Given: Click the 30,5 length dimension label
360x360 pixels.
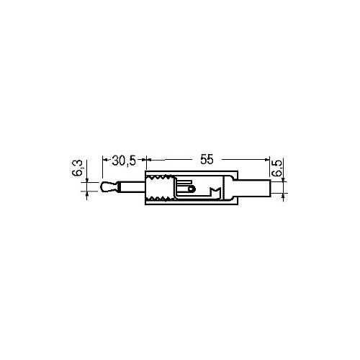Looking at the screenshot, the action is [124, 161].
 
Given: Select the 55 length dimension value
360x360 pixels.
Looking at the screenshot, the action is [207, 159].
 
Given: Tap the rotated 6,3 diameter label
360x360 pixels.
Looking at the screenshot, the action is [78, 168].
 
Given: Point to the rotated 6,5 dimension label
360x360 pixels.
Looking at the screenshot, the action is [277, 168].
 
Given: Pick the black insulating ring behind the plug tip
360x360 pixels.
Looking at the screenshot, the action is [119, 187].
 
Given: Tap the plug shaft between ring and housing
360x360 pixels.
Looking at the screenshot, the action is [132, 187].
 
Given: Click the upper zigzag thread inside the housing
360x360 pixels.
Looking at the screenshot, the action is [160, 178].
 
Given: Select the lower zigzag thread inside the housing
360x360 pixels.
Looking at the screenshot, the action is [160, 198].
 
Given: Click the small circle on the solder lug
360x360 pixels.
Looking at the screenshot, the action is [191, 189].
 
